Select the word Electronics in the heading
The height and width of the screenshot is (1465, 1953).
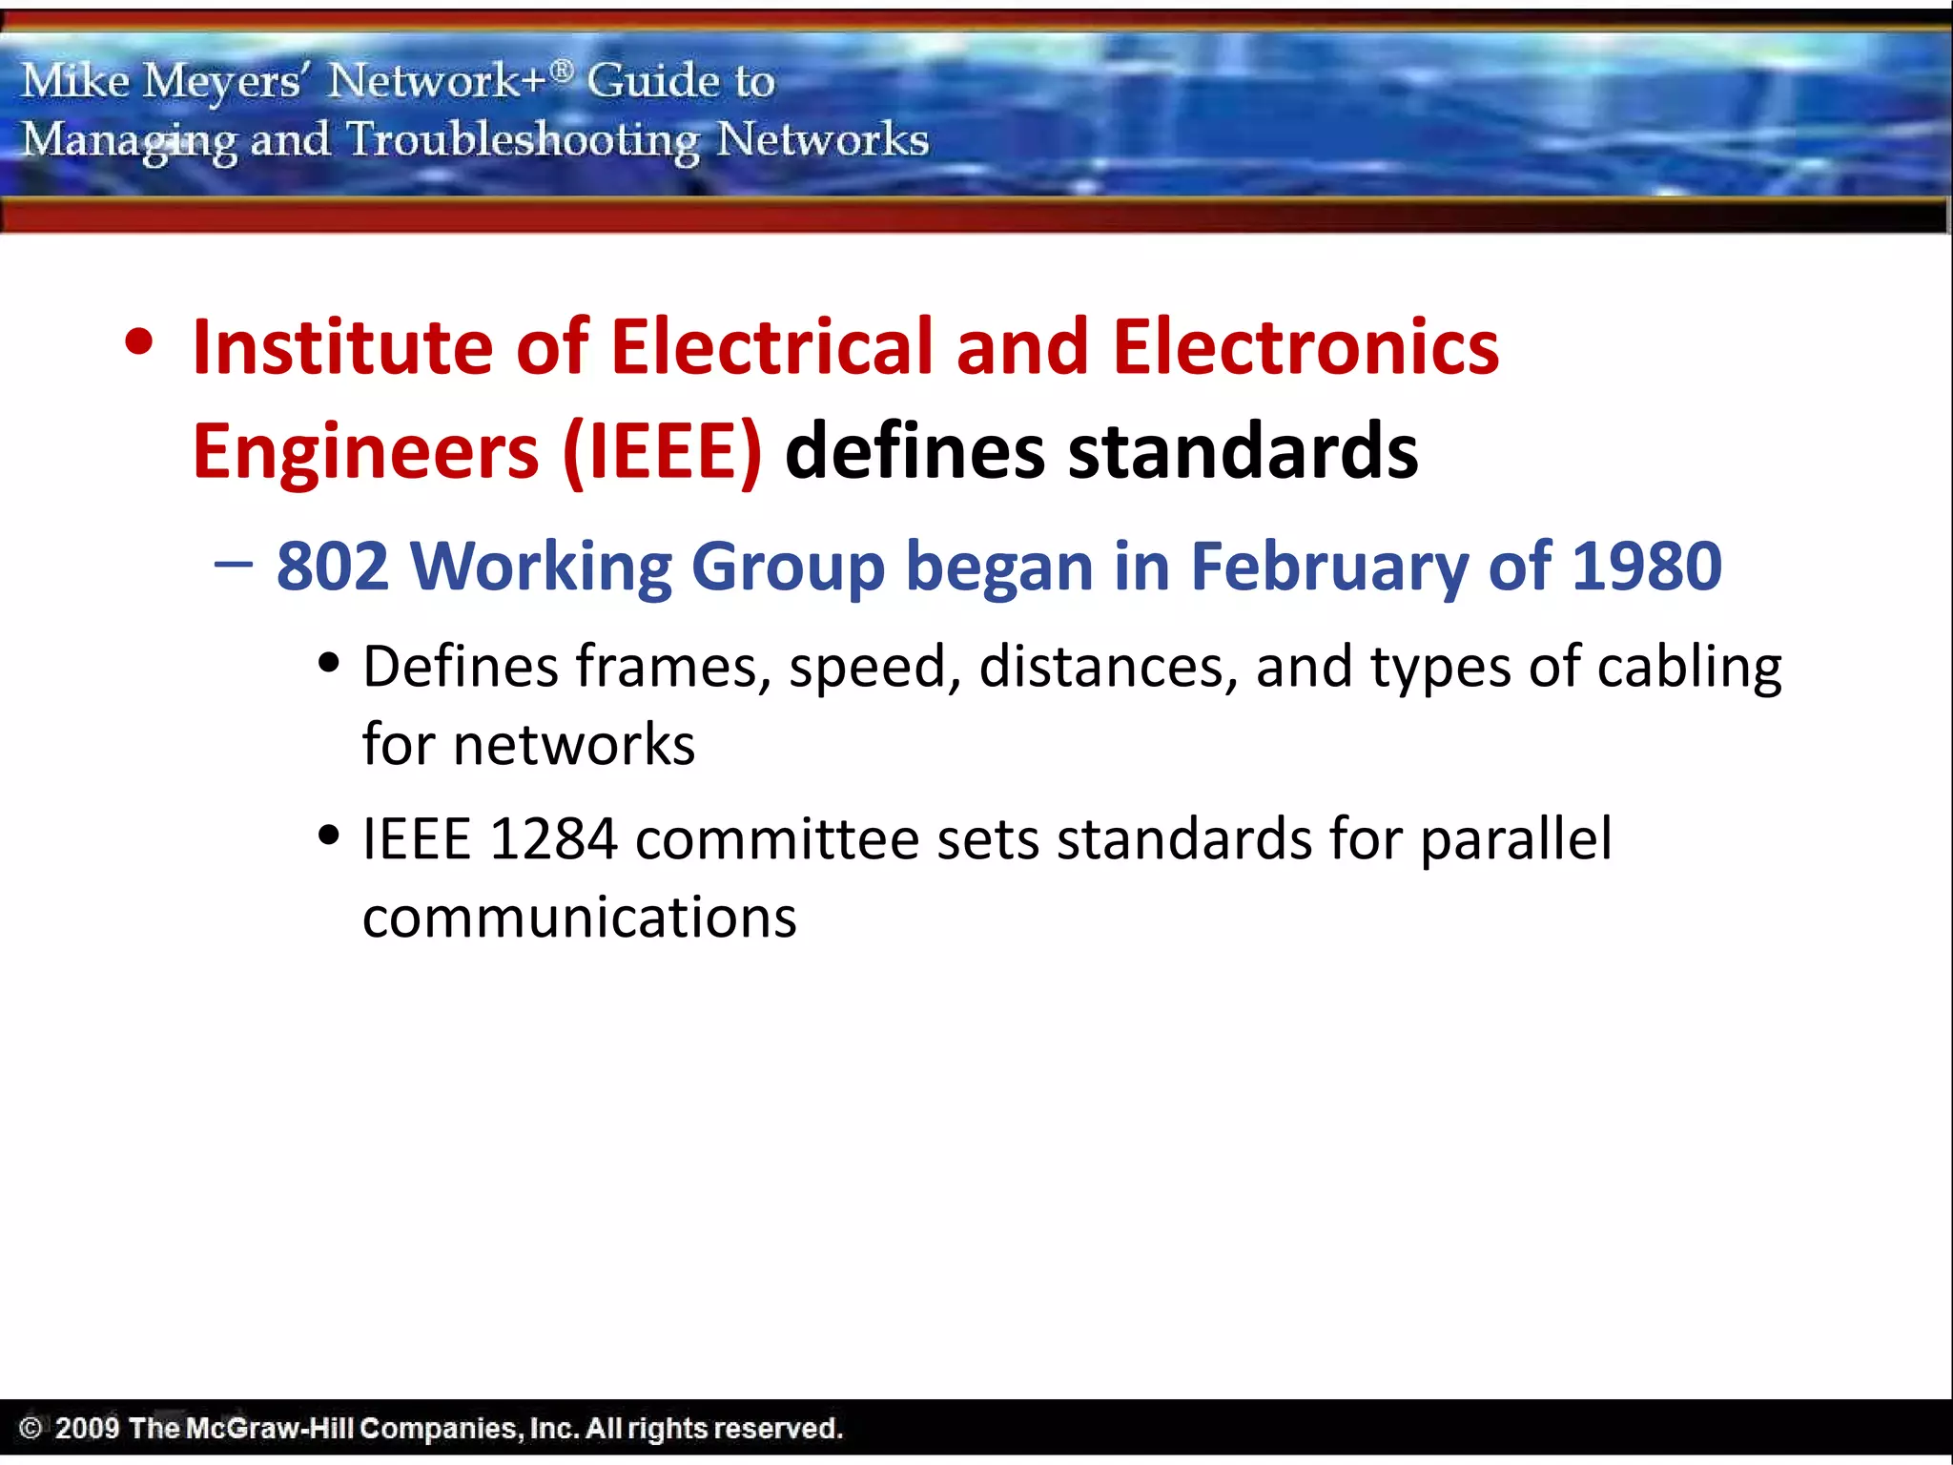1305,347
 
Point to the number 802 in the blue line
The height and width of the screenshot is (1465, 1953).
332,567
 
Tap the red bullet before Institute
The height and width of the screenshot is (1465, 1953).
139,342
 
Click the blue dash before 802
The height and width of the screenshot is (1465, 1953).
234,564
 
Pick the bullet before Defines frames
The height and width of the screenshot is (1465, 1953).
329,662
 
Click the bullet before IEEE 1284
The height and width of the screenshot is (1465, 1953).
329,836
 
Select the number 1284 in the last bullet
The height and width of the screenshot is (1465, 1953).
553,840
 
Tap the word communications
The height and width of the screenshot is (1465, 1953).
579,918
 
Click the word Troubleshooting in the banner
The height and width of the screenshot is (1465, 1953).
523,141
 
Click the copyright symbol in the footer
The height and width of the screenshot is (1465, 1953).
31,1428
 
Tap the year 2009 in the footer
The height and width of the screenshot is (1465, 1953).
87,1428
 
